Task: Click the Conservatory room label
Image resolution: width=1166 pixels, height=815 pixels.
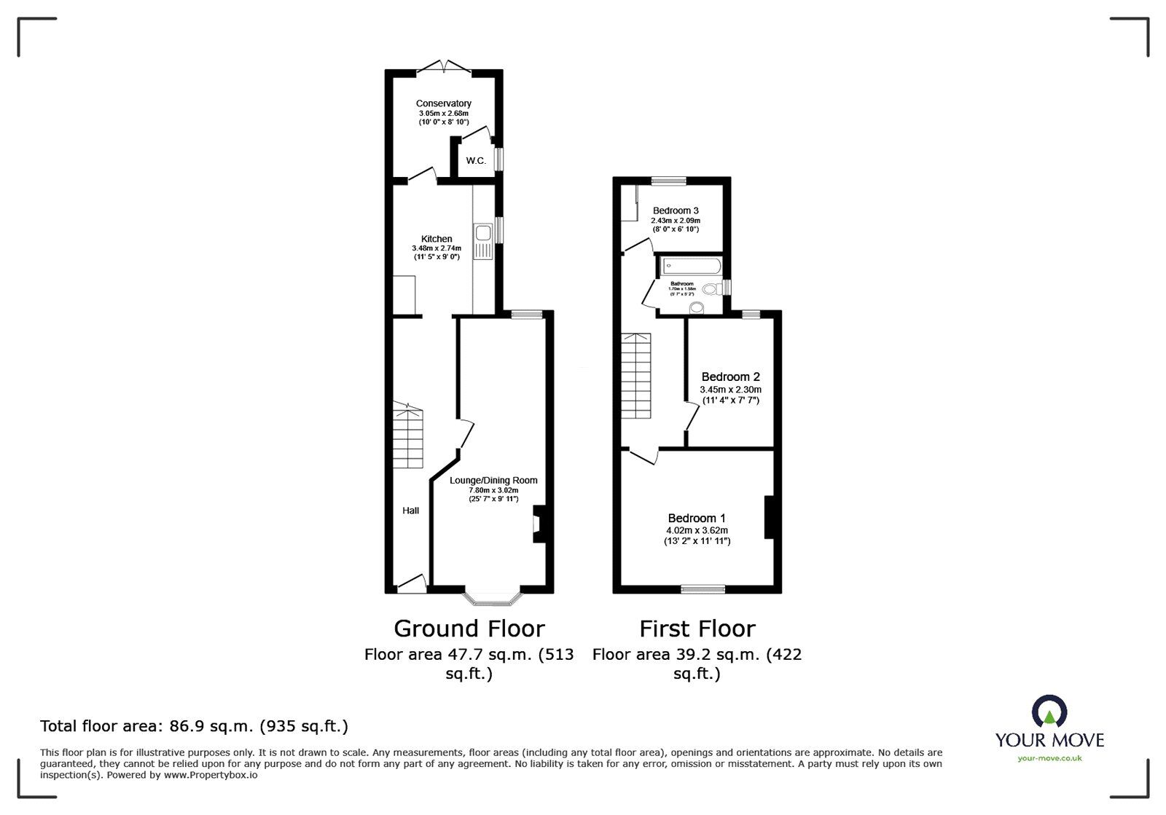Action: click(443, 103)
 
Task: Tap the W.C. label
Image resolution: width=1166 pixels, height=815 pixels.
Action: click(476, 161)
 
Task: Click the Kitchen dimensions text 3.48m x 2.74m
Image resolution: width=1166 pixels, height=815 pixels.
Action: click(437, 248)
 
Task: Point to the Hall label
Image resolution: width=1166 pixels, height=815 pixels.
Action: click(411, 511)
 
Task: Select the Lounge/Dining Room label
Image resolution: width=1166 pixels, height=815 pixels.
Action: click(493, 480)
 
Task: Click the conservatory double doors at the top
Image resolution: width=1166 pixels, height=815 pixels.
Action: click(444, 66)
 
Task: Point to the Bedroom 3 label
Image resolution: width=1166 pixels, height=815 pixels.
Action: click(676, 210)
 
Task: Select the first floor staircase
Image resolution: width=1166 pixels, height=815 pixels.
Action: click(635, 376)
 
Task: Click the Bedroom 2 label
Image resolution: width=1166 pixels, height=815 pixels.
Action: click(730, 377)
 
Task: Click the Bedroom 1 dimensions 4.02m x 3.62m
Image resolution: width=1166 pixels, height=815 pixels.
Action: click(697, 530)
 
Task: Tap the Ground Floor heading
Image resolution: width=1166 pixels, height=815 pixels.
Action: click(469, 628)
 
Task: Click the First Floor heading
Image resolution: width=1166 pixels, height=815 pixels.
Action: click(697, 628)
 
